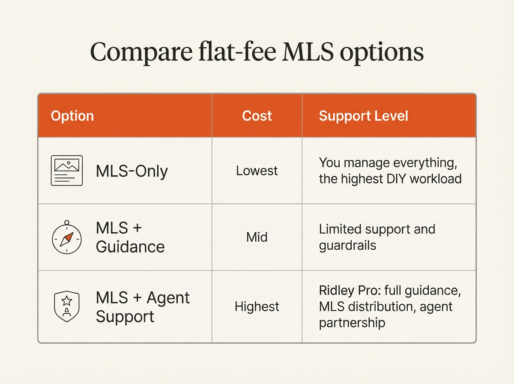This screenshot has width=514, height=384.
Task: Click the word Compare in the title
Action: coord(141,52)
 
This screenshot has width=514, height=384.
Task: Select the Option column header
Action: coord(72,116)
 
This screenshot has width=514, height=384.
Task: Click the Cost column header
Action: coord(257,116)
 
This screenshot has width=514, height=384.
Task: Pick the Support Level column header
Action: coord(363,116)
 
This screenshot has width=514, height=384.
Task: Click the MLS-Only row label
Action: coord(132,171)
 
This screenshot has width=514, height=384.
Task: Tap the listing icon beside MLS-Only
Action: coord(67,171)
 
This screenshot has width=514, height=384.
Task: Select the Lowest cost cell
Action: coord(257,171)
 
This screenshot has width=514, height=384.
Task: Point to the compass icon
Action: coord(67,237)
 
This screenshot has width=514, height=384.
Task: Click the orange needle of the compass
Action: coord(69,237)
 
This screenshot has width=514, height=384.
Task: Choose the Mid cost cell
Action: coord(257,237)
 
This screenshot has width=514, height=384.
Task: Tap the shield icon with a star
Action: coord(67,306)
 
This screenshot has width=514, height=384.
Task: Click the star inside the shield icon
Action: coord(67,300)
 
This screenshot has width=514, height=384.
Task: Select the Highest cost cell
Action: coord(257,306)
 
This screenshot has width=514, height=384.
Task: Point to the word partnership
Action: coord(352,323)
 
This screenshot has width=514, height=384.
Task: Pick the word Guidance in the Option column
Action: coord(130,247)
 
